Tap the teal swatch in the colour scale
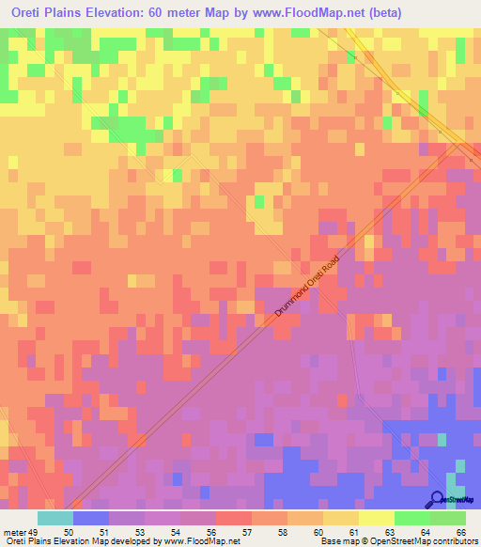tap(55, 518)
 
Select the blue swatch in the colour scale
tap(91, 518)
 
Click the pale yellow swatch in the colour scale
tap(376, 518)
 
